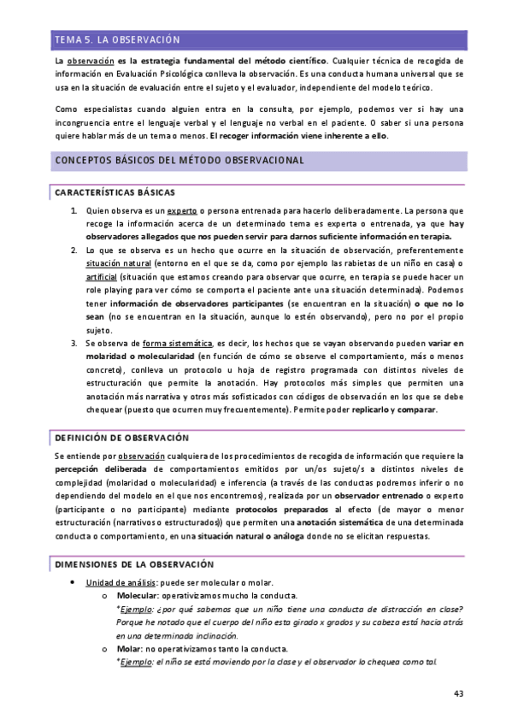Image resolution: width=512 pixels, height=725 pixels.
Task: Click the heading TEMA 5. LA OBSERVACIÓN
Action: [117, 39]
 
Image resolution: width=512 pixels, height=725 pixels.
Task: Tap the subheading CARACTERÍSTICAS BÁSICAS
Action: [115, 192]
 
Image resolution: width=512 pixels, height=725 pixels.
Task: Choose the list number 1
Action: [74, 209]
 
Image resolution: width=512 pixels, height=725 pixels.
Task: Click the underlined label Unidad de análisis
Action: [118, 583]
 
